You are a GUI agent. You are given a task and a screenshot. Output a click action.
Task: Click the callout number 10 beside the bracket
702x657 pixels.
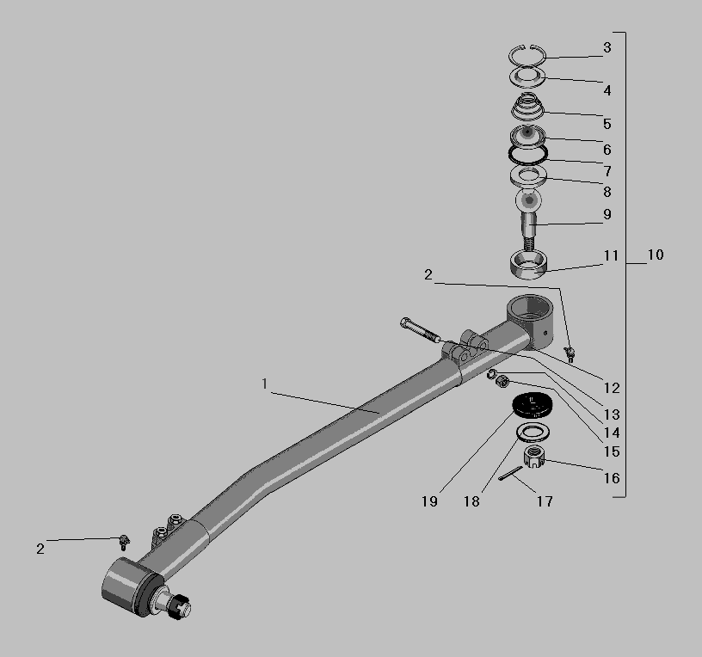[x=656, y=255]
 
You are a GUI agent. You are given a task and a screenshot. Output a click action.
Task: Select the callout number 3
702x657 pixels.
[x=607, y=47]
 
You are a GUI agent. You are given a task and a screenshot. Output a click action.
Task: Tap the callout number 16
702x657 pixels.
[x=612, y=478]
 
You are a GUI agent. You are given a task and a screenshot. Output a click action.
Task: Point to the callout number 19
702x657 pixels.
[x=429, y=501]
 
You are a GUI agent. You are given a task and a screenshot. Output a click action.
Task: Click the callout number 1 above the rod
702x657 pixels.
[x=265, y=384]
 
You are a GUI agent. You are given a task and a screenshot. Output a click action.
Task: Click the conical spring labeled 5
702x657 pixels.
[x=528, y=106]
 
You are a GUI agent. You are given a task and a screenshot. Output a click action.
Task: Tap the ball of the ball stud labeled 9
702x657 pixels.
[x=529, y=200]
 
